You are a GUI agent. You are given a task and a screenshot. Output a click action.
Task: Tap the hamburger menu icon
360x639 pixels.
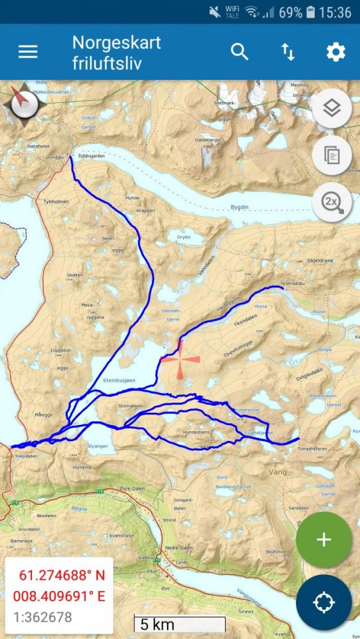point(27,52)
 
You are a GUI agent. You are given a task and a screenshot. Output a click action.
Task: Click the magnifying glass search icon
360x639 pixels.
point(240,52)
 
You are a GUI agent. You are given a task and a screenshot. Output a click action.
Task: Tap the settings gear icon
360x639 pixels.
point(336,52)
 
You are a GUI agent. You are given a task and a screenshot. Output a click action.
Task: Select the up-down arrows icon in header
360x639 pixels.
point(288,52)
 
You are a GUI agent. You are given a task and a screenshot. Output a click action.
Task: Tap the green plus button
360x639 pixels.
point(324,539)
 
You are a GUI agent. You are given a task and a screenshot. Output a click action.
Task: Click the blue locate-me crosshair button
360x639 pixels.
point(324,602)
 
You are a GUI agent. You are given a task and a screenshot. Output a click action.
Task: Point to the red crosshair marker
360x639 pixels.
point(180,360)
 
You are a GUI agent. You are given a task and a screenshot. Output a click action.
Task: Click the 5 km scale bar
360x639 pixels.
point(180,624)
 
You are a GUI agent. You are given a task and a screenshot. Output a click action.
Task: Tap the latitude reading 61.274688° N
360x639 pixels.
point(59,574)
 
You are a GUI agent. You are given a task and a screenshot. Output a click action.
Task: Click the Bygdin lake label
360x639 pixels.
point(239,208)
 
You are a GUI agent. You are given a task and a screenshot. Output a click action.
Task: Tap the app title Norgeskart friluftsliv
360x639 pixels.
point(116,52)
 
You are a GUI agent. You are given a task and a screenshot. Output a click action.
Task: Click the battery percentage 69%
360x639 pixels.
point(290,12)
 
